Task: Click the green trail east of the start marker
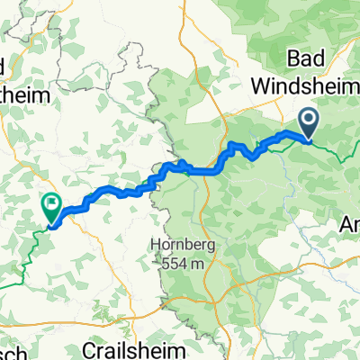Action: click(x=337, y=154)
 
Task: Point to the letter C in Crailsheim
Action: click(x=114, y=347)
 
